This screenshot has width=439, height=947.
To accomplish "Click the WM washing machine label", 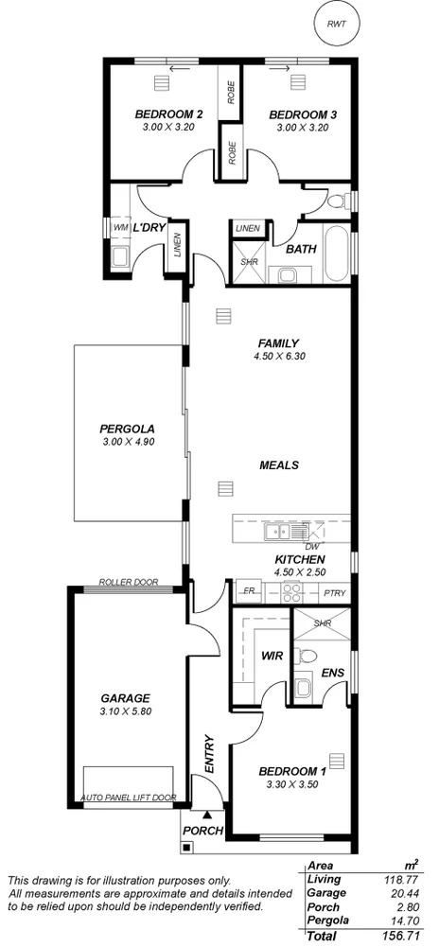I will (120, 228).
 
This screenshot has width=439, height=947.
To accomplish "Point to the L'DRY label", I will (149, 228).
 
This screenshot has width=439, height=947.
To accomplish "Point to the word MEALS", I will (279, 465).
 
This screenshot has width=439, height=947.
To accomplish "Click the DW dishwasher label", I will (311, 547).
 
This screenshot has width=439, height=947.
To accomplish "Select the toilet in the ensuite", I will (308, 655).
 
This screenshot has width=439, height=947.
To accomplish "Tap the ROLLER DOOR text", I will (129, 583).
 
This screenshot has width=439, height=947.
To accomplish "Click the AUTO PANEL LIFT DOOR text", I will (130, 798).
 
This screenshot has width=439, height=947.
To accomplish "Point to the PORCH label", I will (203, 831).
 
